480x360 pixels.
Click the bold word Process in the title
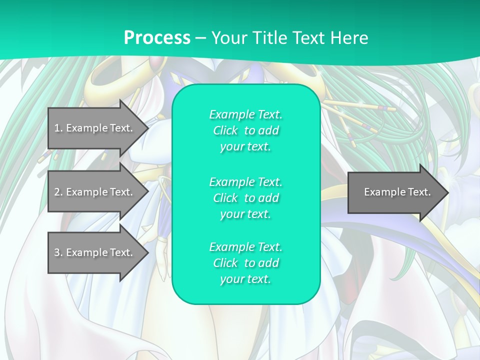tap(157, 38)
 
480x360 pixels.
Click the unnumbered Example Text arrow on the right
tap(395, 192)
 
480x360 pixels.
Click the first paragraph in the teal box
tap(245, 130)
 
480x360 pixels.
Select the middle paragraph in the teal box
tap(245, 198)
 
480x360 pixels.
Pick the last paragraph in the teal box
tap(245, 263)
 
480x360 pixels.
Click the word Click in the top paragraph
tap(225, 130)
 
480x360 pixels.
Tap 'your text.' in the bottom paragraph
tap(245, 279)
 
